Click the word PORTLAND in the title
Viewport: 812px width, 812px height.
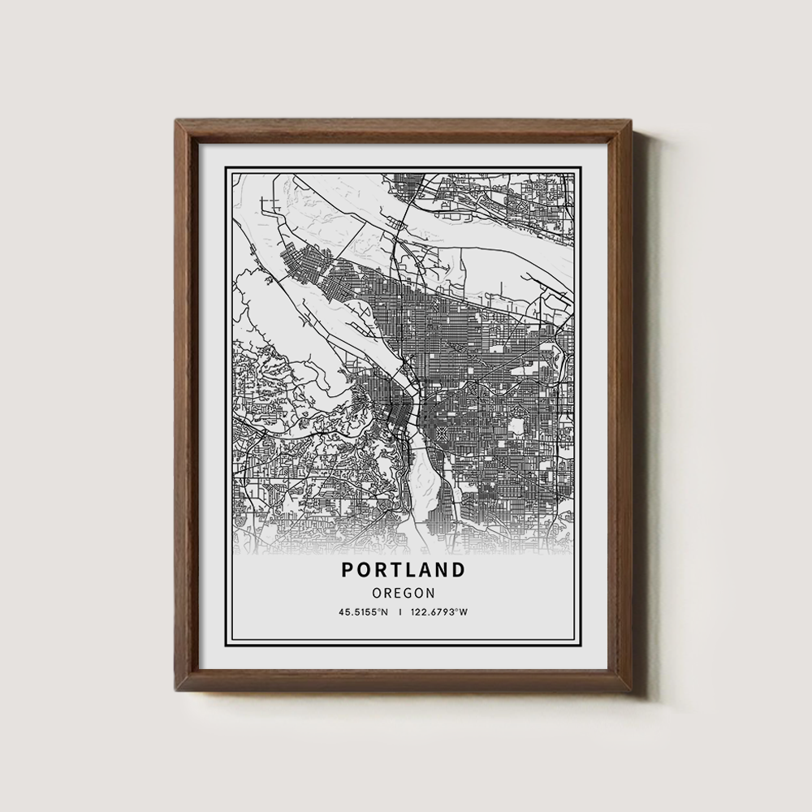[x=404, y=569]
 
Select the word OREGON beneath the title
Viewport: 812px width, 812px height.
[x=404, y=594]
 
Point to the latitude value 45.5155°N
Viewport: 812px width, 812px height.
[x=364, y=612]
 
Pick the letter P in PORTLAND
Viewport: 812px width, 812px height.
[x=348, y=569]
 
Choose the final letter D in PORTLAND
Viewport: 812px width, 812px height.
[x=460, y=569]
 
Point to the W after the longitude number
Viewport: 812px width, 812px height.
[x=464, y=612]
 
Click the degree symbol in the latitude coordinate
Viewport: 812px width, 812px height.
[x=380, y=611]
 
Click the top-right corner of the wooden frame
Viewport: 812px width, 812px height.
[x=632, y=120]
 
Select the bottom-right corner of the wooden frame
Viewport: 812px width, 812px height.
[x=632, y=691]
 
